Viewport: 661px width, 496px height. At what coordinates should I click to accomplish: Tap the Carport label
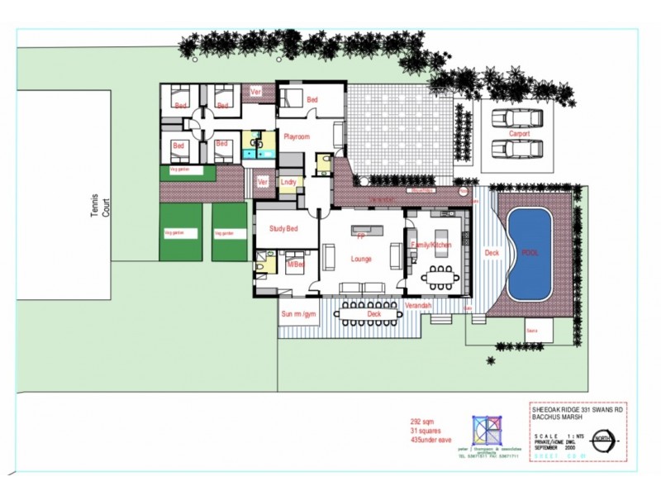[519, 134]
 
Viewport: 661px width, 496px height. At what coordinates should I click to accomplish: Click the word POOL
[530, 253]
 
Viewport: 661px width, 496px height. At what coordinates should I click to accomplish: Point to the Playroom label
[297, 136]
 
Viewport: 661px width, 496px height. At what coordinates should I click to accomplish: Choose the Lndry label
[288, 182]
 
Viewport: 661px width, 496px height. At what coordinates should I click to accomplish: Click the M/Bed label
[295, 265]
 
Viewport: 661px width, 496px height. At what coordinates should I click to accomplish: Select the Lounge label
[361, 259]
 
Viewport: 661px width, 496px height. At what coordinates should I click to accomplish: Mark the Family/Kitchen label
[431, 245]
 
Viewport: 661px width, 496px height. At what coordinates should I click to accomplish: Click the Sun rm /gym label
[298, 313]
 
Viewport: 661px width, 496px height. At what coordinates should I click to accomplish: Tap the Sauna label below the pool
[534, 331]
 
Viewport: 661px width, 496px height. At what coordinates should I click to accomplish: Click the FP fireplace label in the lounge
[361, 237]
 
